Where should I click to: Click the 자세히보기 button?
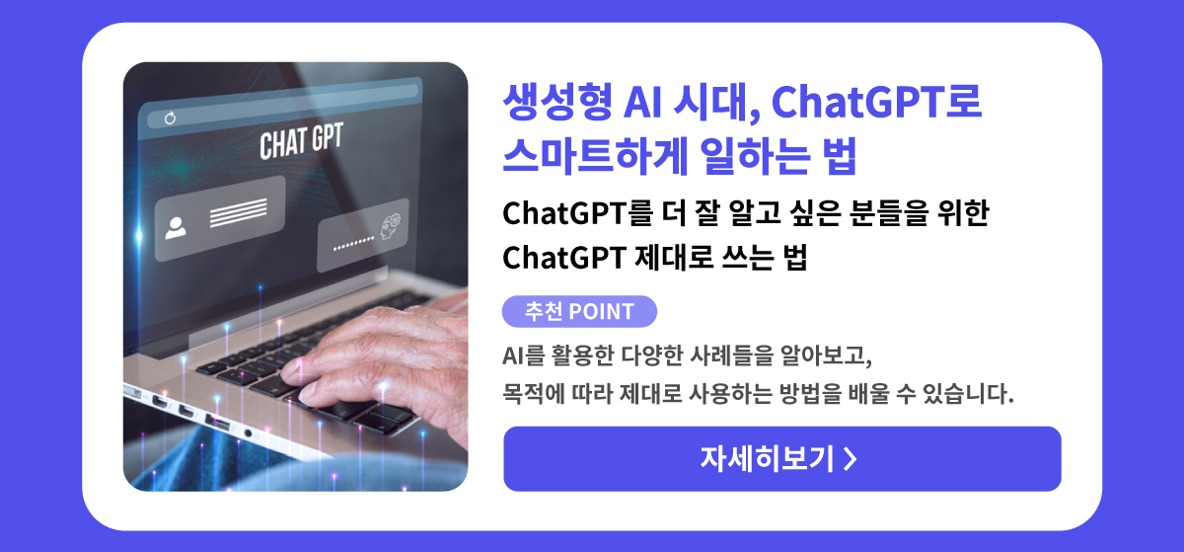[781, 459]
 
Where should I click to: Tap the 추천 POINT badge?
[579, 311]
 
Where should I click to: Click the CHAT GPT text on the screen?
[301, 141]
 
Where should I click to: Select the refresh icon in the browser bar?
[170, 118]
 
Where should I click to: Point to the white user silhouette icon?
[176, 228]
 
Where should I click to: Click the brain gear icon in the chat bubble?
[390, 226]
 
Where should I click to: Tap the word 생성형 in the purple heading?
[557, 101]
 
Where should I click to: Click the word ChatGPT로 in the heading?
[876, 101]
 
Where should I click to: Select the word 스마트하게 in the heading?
[595, 157]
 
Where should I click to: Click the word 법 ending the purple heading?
[839, 157]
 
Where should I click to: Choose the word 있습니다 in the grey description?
[967, 394]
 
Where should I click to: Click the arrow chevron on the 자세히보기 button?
[850, 459]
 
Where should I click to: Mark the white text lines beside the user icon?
[239, 212]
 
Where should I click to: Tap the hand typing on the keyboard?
[381, 359]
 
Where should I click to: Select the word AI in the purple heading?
[642, 102]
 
